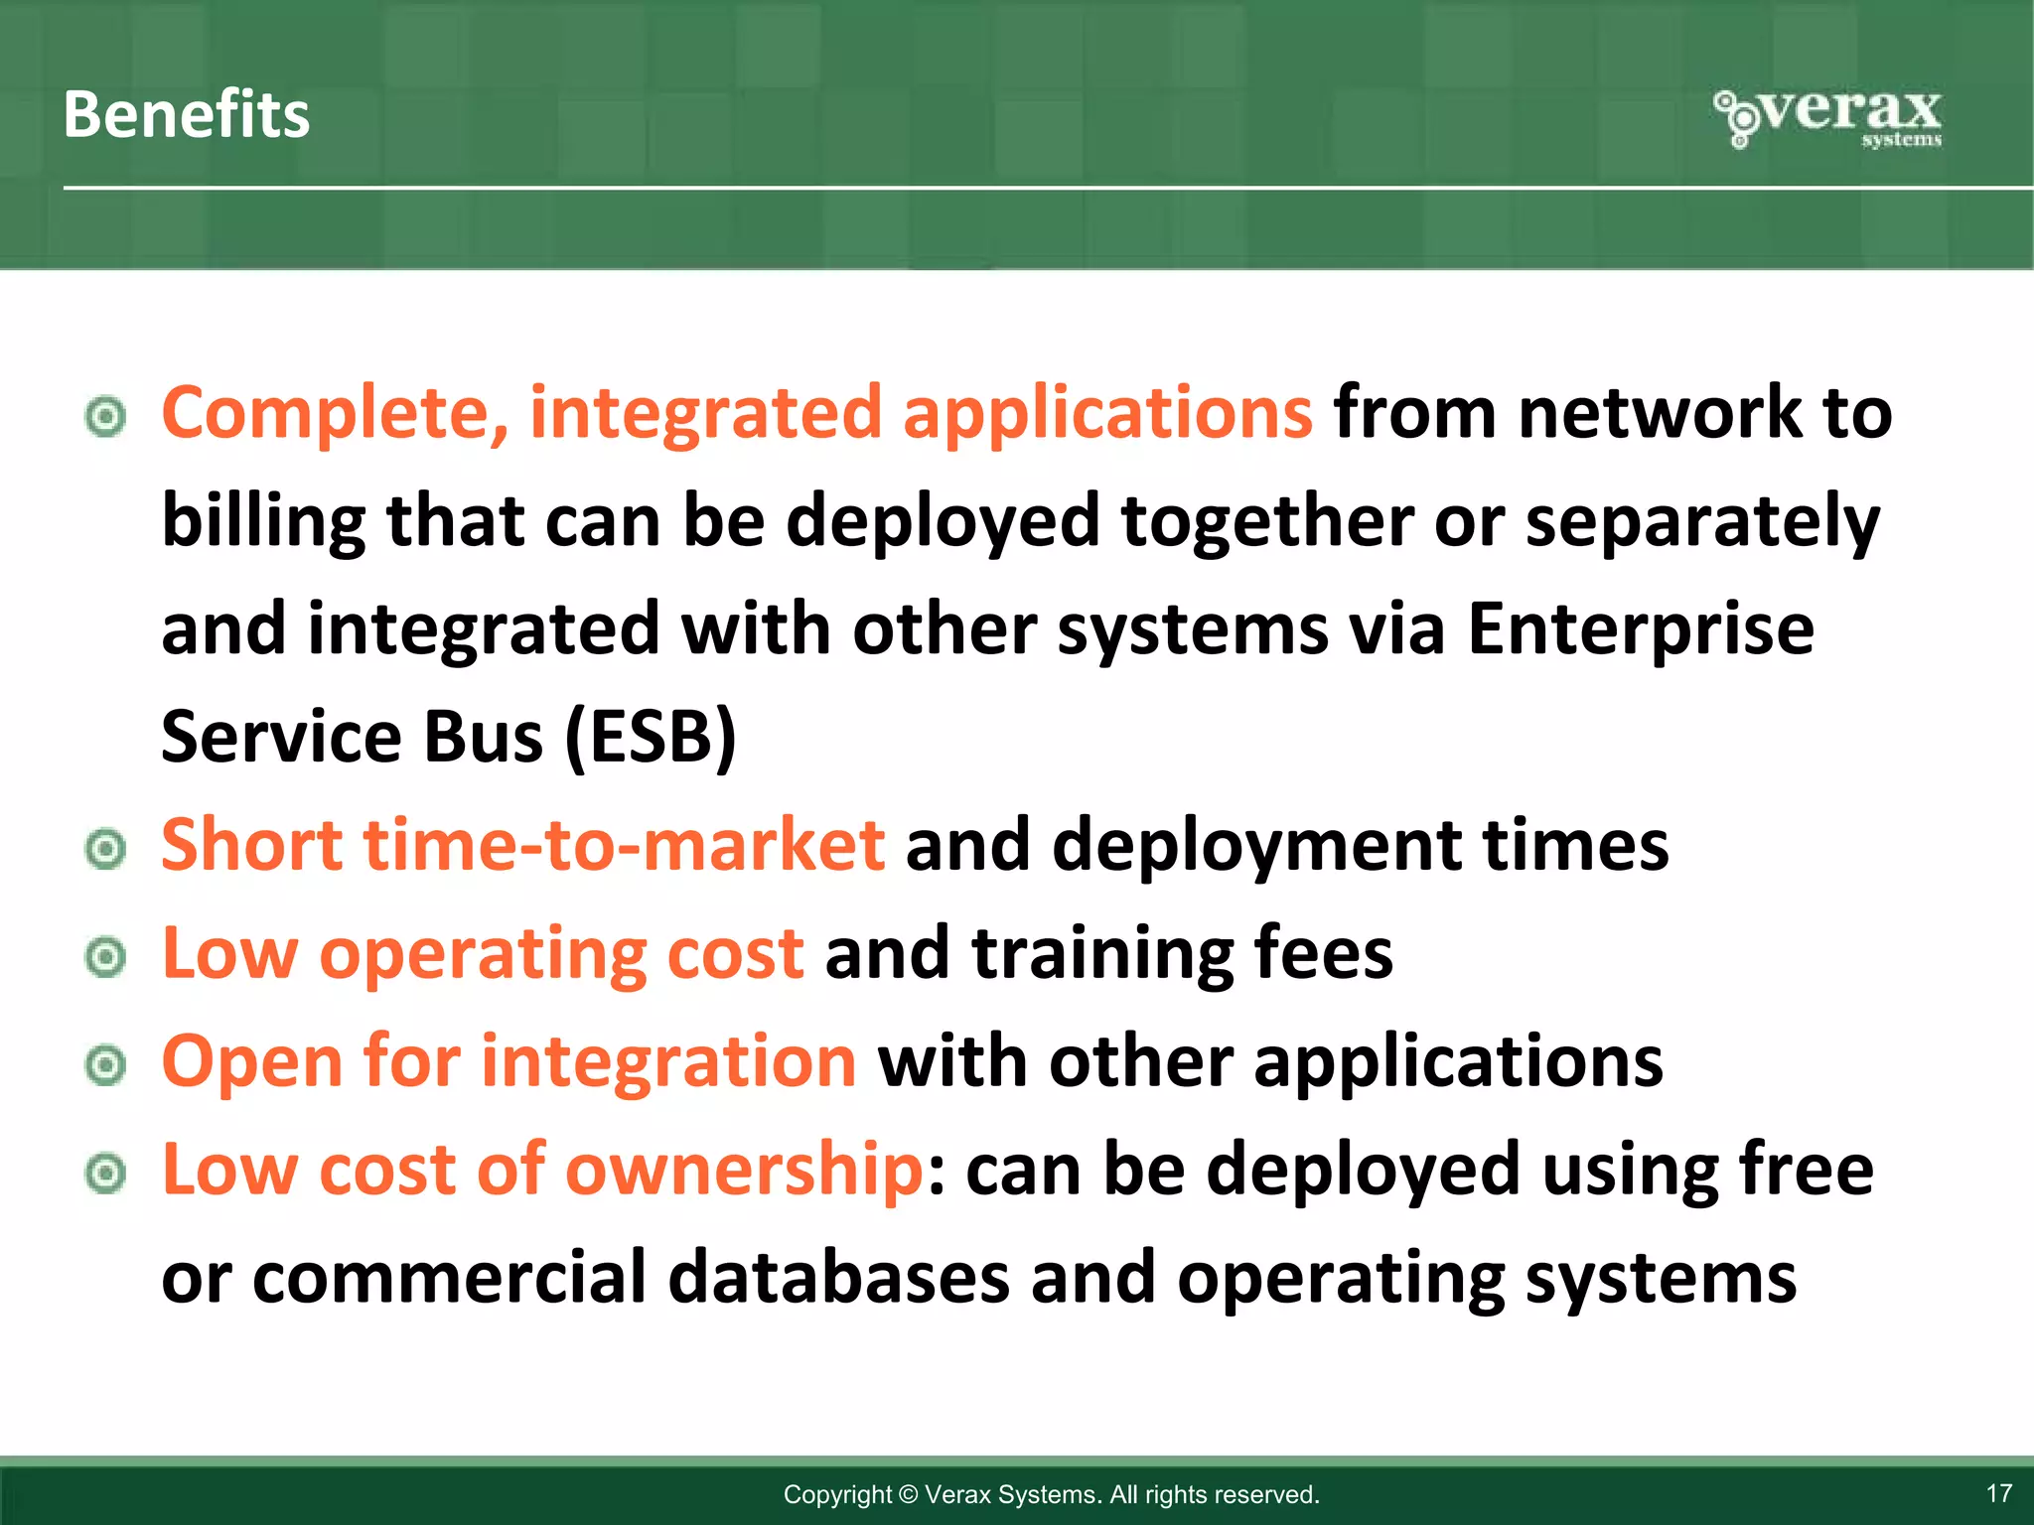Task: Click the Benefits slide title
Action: [x=186, y=114]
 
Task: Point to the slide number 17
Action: [x=1998, y=1493]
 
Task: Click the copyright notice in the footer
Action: [x=1051, y=1494]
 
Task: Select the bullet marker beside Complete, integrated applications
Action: [x=105, y=417]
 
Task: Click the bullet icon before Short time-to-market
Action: [x=105, y=850]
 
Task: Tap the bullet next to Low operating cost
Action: [x=105, y=958]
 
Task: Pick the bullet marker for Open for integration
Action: [x=105, y=1066]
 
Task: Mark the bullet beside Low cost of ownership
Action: [x=105, y=1175]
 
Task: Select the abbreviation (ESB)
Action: [x=651, y=738]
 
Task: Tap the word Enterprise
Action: [x=1640, y=629]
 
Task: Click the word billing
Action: [x=263, y=522]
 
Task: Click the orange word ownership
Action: [x=744, y=1170]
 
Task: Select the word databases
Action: [x=838, y=1278]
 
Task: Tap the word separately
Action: [x=1701, y=522]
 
